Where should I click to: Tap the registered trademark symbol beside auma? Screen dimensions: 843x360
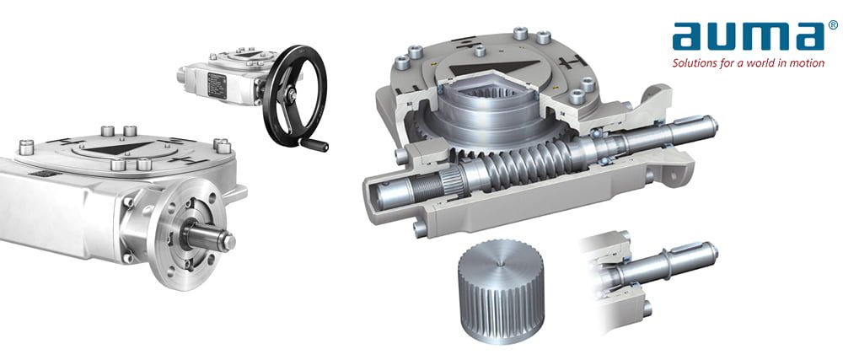[833, 24]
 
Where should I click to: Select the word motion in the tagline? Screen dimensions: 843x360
[807, 63]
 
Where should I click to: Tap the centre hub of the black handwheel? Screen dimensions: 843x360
[291, 95]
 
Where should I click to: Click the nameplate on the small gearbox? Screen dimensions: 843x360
[217, 85]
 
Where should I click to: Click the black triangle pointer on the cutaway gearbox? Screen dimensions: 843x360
[495, 67]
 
